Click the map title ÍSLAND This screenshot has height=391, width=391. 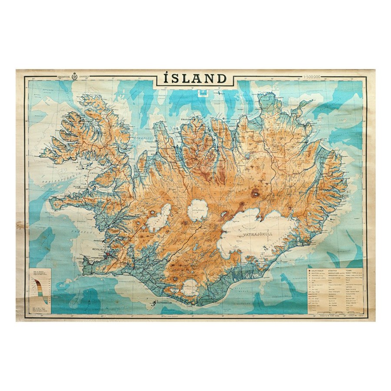click(195, 79)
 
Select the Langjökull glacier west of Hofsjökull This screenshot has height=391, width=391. click(159, 217)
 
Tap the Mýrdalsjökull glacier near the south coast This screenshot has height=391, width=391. click(190, 288)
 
